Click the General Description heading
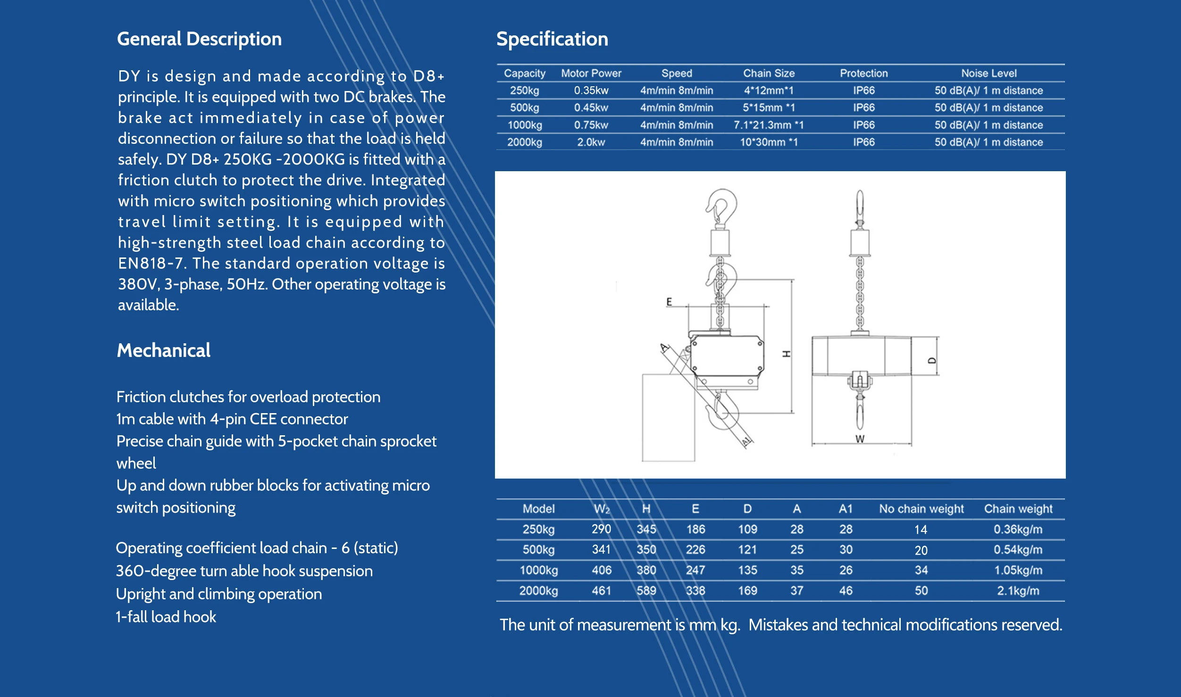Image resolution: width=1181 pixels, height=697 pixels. coord(199,39)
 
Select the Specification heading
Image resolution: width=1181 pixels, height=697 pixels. coord(552,39)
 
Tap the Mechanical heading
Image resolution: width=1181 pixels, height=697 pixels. coord(163,350)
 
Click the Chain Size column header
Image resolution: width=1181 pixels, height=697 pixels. coord(769,73)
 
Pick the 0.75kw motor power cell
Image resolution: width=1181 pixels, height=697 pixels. coord(591,125)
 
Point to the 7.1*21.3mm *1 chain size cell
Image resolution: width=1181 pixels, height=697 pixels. coord(768,125)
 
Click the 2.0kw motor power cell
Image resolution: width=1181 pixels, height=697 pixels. coord(591,142)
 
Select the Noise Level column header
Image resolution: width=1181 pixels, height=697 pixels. coord(988,73)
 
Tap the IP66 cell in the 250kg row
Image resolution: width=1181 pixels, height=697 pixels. coord(863,91)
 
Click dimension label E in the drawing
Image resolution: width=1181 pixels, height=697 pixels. coord(669,302)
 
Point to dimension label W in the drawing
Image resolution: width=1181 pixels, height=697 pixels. coord(860,439)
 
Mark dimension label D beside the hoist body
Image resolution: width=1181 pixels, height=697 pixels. coord(931,361)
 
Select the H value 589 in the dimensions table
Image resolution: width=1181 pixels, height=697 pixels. coord(646,590)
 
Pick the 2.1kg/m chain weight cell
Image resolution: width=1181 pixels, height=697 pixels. coord(1018,591)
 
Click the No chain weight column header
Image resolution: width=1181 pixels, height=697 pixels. coord(921,509)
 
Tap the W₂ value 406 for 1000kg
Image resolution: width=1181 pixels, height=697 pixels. coord(601,570)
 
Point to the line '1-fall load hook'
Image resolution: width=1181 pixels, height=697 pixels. coord(166,617)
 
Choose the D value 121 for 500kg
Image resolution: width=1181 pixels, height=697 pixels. coord(747,549)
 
